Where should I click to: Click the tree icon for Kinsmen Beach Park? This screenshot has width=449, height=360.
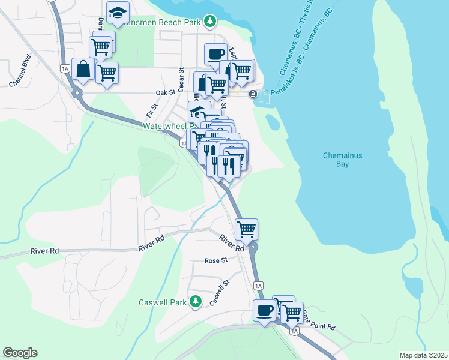pyautogui.click(x=209, y=22)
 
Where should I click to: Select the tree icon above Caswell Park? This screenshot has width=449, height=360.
pyautogui.click(x=195, y=301)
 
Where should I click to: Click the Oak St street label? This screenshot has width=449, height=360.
pyautogui.click(x=165, y=93)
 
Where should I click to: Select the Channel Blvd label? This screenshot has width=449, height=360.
pyautogui.click(x=20, y=71)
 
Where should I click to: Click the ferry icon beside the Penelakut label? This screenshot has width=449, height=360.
pyautogui.click(x=253, y=94)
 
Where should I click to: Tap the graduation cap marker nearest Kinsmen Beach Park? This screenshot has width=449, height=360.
pyautogui.click(x=118, y=12)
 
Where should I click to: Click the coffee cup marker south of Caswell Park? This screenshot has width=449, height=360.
pyautogui.click(x=265, y=310)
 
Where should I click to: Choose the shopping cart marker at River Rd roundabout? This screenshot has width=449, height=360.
pyautogui.click(x=246, y=229)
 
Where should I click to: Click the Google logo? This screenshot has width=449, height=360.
pyautogui.click(x=20, y=353)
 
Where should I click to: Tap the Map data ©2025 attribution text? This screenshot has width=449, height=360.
pyautogui.click(x=423, y=355)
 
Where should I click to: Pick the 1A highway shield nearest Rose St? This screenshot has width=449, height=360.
pyautogui.click(x=258, y=286)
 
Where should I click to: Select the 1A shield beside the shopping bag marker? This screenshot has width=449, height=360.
pyautogui.click(x=65, y=69)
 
